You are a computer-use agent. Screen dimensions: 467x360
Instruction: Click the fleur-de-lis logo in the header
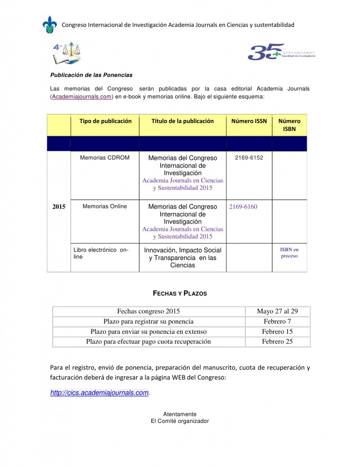50,25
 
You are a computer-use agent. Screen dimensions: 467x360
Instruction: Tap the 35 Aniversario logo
280,52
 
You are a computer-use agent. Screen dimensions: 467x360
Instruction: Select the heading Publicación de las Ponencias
91,75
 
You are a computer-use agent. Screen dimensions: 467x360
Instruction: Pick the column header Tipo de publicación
105,121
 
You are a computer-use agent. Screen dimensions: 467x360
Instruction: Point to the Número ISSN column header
249,121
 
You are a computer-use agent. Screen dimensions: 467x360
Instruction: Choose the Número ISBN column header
289,125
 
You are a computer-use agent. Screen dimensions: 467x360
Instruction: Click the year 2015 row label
59,207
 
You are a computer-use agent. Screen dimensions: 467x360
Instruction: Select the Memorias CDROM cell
105,158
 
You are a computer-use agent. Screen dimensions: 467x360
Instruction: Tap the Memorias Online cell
105,206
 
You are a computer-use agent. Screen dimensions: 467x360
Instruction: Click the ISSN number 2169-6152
249,158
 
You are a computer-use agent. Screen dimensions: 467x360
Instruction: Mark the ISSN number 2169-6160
243,207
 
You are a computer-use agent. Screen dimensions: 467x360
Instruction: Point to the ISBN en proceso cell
289,253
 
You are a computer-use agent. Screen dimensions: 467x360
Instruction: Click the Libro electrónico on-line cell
101,254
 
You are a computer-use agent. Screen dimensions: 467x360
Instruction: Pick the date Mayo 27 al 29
277,311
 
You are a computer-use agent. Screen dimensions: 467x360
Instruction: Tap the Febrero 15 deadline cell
277,332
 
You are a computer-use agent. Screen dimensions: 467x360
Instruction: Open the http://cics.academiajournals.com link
99,393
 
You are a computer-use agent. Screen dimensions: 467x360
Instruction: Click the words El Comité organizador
180,421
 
